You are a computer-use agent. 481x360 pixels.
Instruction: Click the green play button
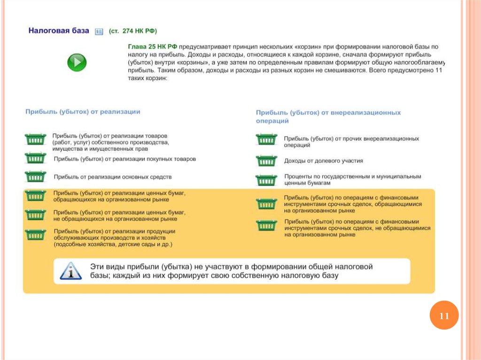click(x=77, y=62)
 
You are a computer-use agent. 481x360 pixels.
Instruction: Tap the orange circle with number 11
click(x=444, y=316)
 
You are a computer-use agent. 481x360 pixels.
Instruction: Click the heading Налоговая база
click(x=59, y=31)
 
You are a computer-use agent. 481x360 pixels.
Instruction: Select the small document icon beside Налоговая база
click(x=99, y=31)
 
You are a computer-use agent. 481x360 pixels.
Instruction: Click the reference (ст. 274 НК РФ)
click(x=133, y=31)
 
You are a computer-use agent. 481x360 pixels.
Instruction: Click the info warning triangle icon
click(x=70, y=271)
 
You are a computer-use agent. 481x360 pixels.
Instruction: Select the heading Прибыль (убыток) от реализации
click(x=83, y=112)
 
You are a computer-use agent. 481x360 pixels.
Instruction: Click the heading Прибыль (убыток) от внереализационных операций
click(x=328, y=116)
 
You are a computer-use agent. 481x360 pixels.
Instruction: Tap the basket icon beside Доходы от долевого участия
click(x=266, y=161)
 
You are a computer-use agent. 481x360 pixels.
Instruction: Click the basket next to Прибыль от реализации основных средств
click(x=35, y=176)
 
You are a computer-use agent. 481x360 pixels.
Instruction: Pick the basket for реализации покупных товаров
click(x=35, y=159)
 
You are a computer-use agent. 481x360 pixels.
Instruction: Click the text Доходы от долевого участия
click(x=323, y=161)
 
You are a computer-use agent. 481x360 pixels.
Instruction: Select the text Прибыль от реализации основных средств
click(x=113, y=177)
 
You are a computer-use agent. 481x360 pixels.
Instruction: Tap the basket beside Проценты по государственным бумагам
click(x=266, y=180)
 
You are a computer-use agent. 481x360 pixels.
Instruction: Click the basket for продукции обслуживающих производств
click(x=35, y=234)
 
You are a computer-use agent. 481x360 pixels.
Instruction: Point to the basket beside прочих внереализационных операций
click(x=266, y=139)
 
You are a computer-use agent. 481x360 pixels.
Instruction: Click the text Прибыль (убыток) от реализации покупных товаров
click(x=125, y=159)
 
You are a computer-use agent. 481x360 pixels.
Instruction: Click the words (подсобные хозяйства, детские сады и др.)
click(x=113, y=245)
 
